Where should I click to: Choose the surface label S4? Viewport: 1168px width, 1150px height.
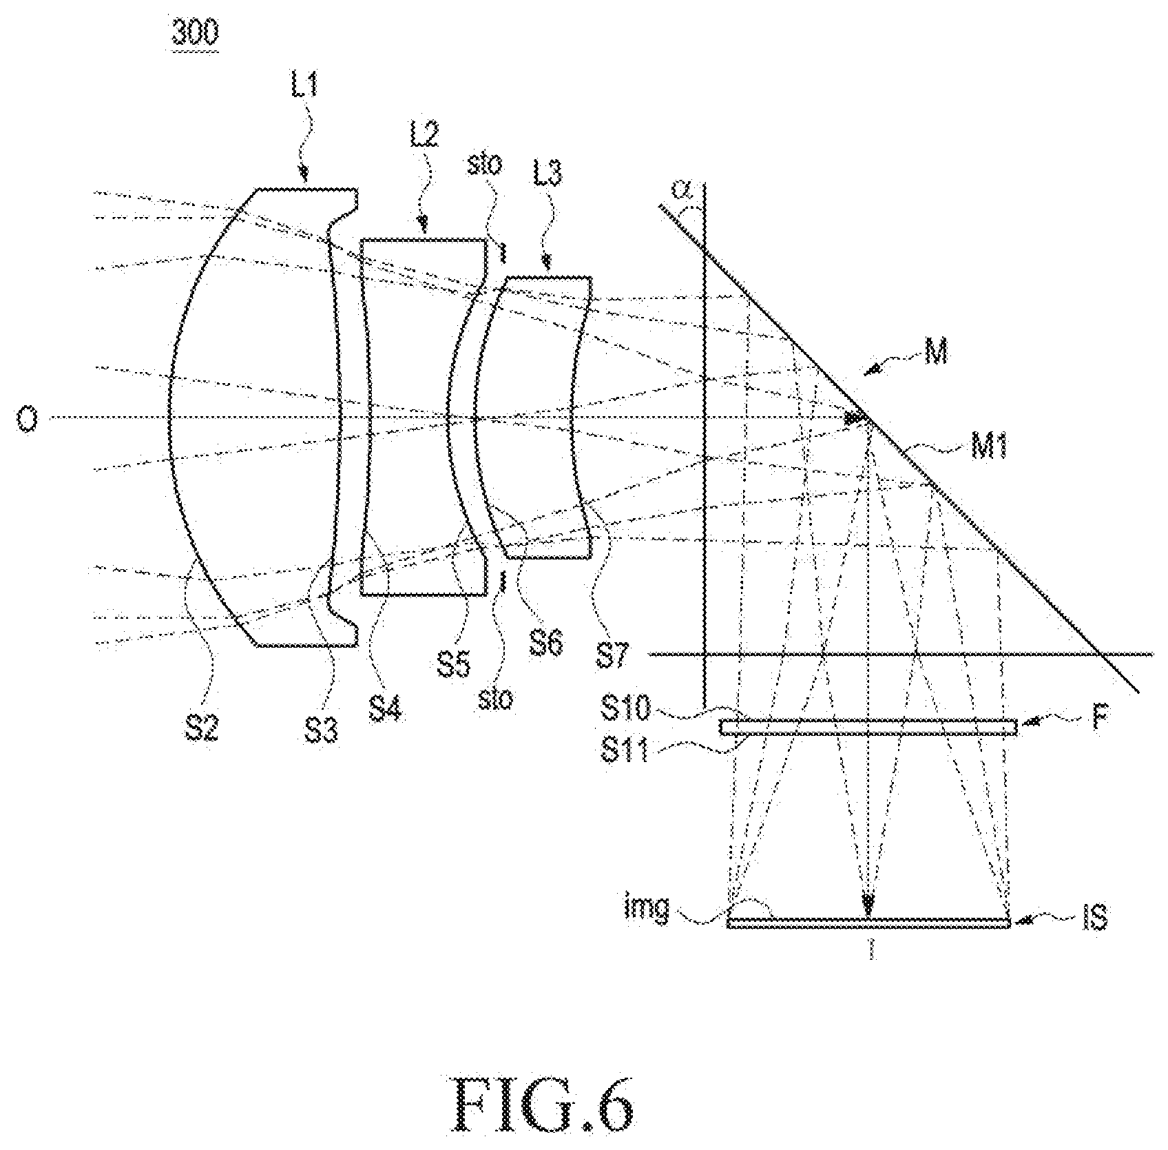point(386,707)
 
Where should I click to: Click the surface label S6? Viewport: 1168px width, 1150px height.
point(545,643)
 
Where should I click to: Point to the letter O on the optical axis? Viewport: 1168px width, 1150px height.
point(26,418)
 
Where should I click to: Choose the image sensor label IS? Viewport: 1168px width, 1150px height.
point(1092,918)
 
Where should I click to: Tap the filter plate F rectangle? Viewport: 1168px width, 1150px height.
point(868,727)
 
